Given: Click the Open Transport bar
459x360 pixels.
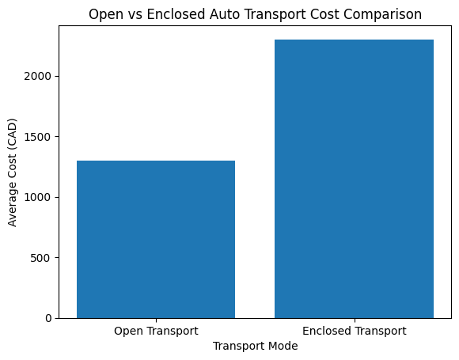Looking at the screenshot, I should tap(156, 239).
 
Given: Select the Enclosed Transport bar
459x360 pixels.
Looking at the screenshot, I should tap(354, 179).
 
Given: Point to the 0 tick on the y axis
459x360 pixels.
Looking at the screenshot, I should tap(49, 318).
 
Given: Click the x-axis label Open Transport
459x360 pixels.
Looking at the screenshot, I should tap(156, 331).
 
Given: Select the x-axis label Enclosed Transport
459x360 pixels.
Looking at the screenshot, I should tap(354, 331).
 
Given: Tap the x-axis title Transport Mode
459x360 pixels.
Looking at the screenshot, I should tap(255, 346).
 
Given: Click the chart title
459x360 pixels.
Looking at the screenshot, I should tap(255, 14).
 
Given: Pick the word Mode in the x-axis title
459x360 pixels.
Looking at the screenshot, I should tap(283, 346).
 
